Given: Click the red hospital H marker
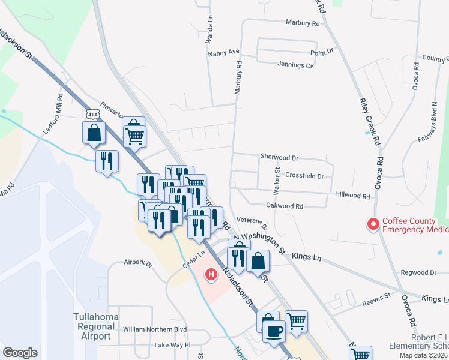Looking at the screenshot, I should pos(211,275).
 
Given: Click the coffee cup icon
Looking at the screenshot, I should pos(274,331).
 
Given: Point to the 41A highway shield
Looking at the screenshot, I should pos(92,113).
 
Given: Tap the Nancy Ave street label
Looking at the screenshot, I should pos(223,53).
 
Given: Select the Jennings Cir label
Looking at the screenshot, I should pos(295,65).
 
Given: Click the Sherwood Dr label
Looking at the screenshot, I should pos(279,157).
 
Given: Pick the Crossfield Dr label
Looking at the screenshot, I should pos(304,176).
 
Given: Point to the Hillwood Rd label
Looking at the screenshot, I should pos(352,196).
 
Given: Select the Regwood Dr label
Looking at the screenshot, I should pos(417,272).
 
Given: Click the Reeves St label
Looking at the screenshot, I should pos(376,296).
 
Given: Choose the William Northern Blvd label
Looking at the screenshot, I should pos(155,329).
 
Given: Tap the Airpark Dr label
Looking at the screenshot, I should pos(139,263).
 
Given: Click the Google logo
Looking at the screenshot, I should pos(20,352).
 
